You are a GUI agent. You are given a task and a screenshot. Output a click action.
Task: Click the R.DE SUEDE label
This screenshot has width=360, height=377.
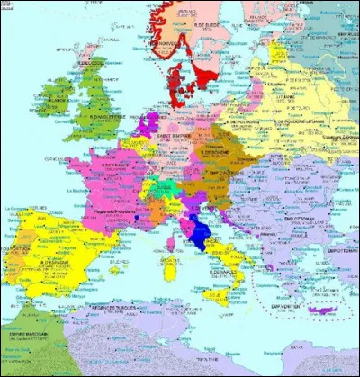209,14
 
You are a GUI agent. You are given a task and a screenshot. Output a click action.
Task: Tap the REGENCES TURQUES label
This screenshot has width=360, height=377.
115,310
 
